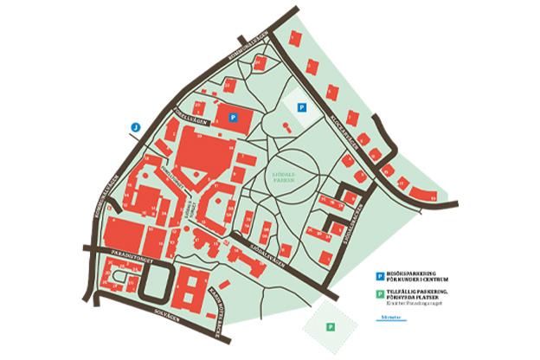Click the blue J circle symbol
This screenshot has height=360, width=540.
click(135, 127)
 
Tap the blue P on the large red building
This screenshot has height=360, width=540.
click(232, 114)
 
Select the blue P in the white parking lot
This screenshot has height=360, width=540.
click(301, 107)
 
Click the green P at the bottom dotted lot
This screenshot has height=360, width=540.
click(330, 326)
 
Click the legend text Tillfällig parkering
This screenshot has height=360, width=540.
click(413, 295)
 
